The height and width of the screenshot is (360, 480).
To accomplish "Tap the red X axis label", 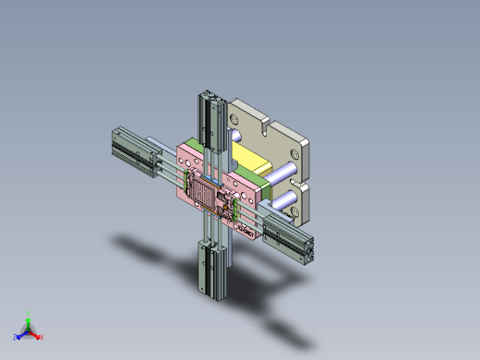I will tap(41, 336).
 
